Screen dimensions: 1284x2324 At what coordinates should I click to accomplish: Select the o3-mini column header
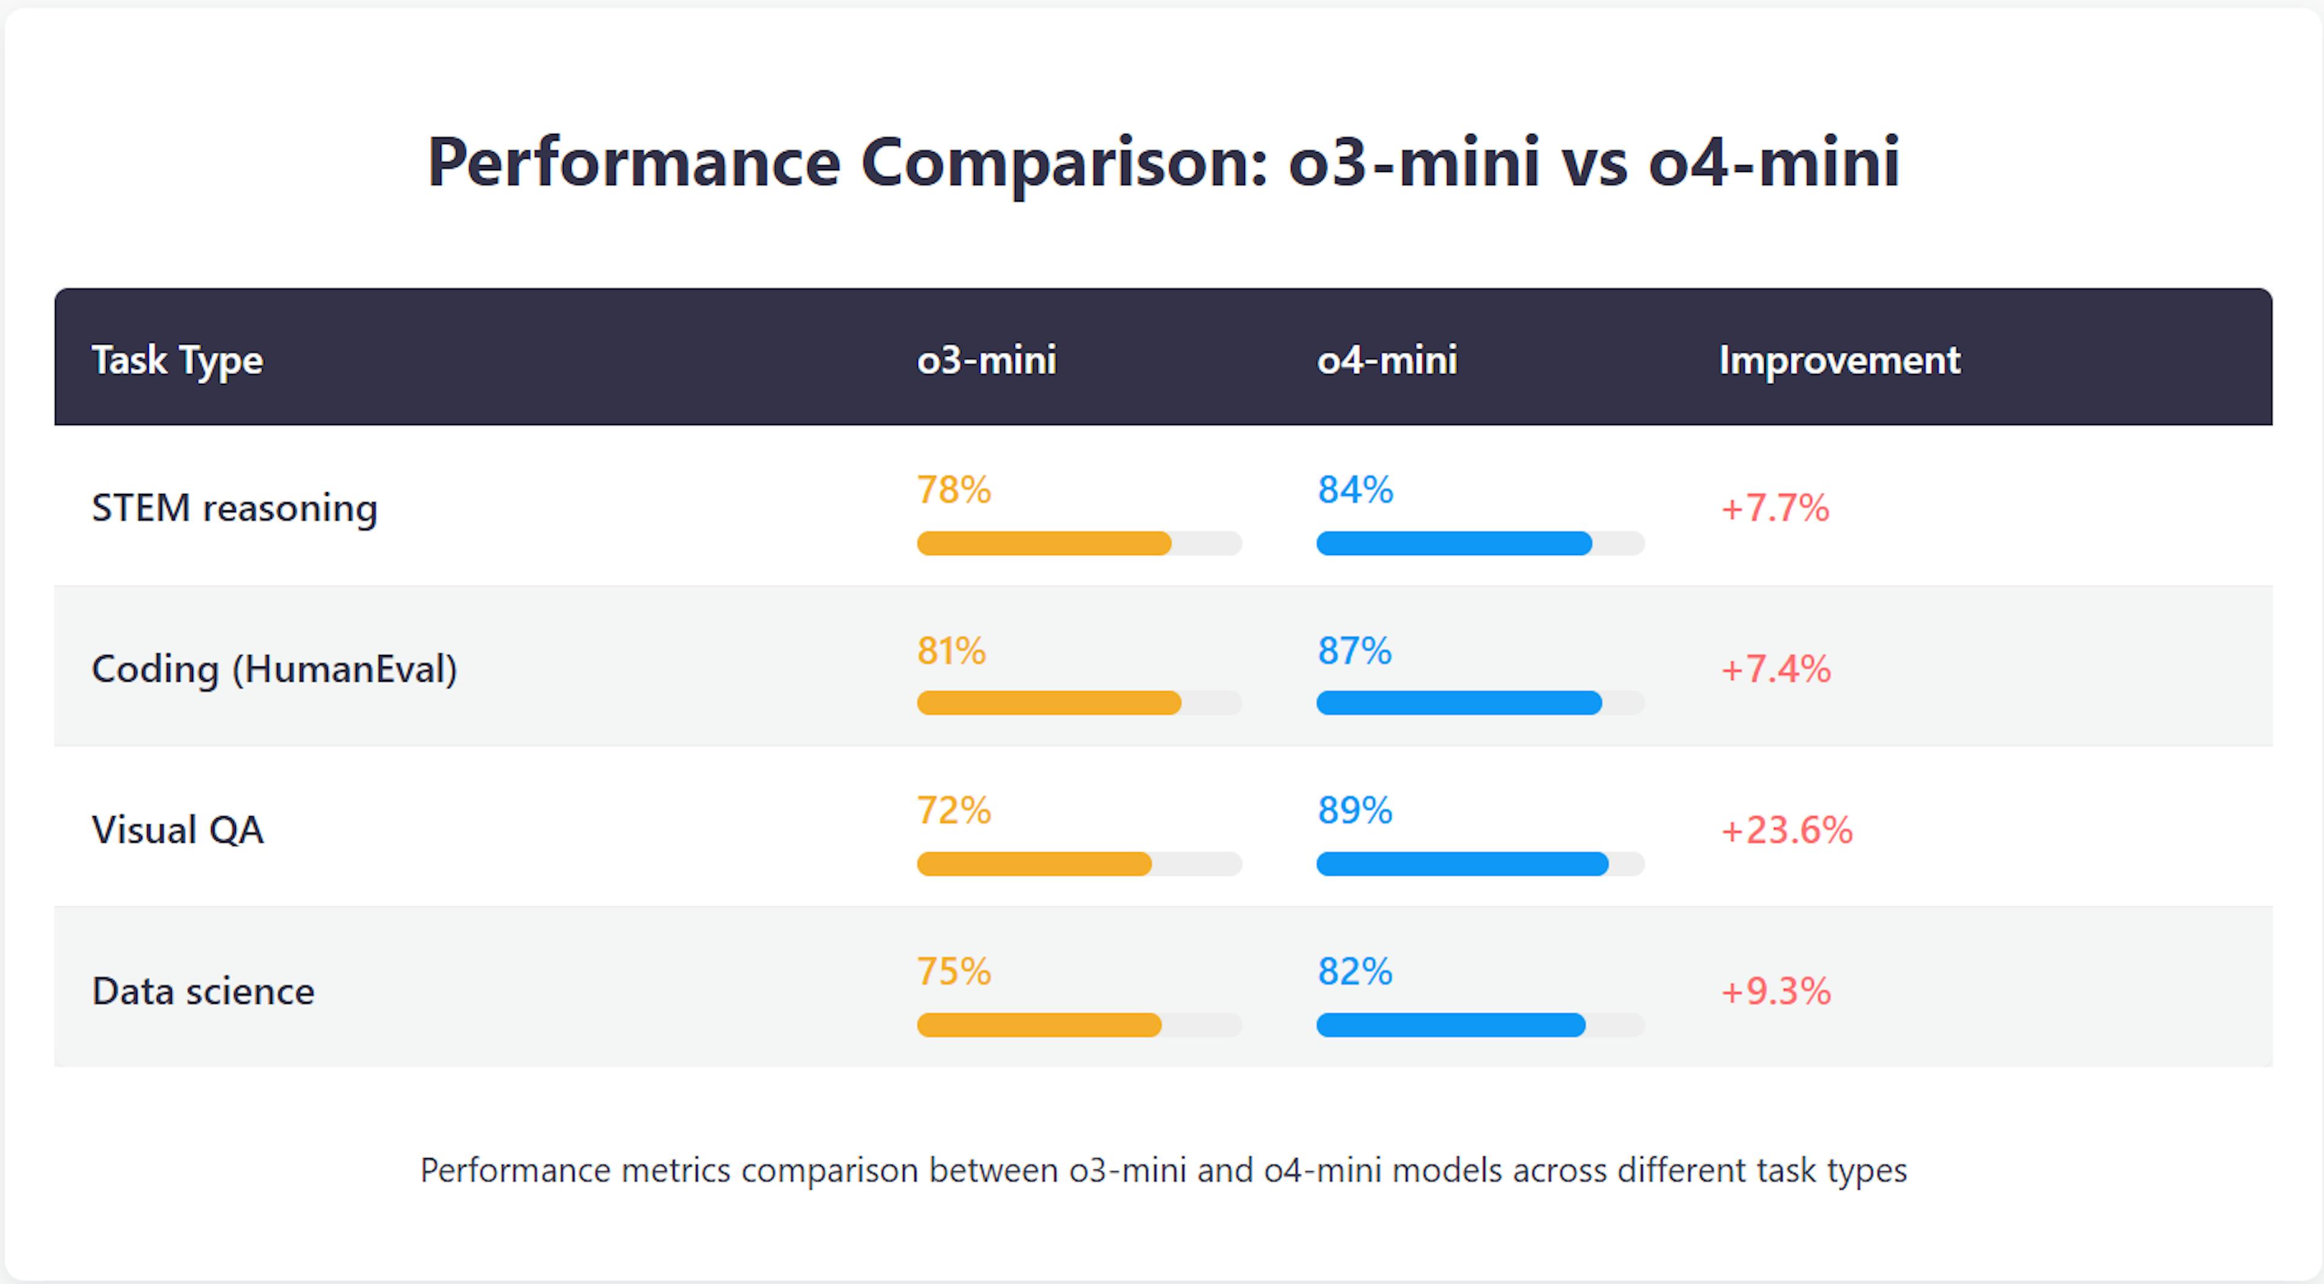tap(986, 361)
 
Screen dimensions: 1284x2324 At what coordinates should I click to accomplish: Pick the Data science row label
tap(203, 992)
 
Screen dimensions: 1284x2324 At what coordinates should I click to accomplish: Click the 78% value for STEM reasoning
tap(954, 490)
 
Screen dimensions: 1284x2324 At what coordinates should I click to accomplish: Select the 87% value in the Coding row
tap(1354, 651)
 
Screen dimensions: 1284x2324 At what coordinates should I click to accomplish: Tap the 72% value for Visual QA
tap(954, 810)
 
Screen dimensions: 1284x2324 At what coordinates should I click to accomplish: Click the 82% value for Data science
tap(1354, 972)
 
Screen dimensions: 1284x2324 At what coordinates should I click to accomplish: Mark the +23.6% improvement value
tap(1787, 830)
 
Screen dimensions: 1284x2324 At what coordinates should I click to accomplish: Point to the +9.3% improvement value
tap(1776, 992)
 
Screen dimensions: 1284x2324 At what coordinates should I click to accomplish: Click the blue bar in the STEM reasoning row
tap(1453, 543)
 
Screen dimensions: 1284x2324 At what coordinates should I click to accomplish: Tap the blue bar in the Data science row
tap(1450, 1025)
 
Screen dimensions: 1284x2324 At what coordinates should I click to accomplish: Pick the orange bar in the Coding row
tap(1048, 703)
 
